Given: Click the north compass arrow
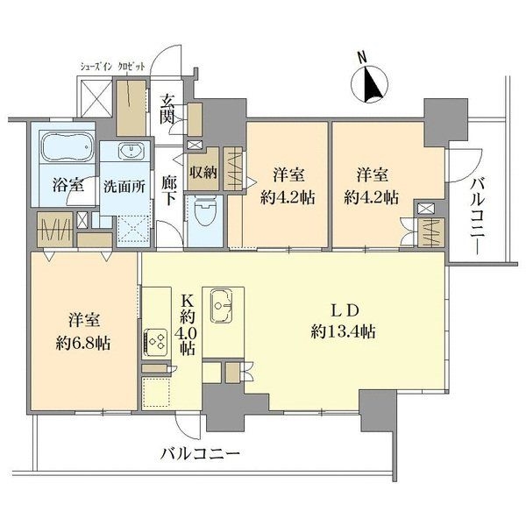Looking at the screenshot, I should tap(371, 86).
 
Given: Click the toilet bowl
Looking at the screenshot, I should tap(203, 210).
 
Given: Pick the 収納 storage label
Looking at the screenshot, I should tap(204, 172).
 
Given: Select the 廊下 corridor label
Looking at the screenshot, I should tap(169, 188).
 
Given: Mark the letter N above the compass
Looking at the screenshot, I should tap(361, 58).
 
